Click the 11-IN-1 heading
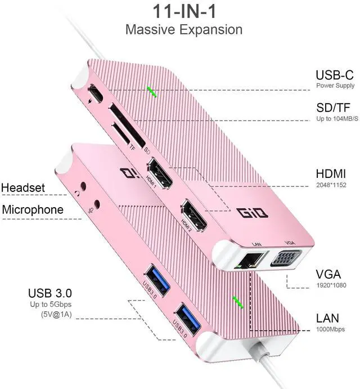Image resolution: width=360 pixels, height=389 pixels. [183, 11]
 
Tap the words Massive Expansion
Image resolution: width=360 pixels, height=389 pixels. [183, 29]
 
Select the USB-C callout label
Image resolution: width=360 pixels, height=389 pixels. [335, 75]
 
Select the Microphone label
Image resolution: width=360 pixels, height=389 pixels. [33, 210]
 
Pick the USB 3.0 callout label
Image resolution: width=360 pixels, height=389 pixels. [50, 293]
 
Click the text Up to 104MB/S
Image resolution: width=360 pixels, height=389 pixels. [335, 119]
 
